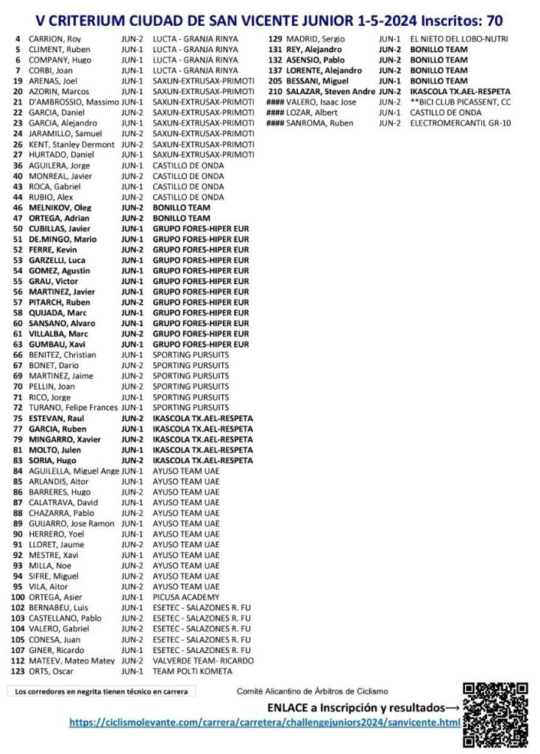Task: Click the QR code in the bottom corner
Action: coord(495,714)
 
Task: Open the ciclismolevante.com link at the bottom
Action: coord(265,723)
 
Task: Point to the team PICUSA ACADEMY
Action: coord(186,597)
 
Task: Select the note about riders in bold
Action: coord(102,691)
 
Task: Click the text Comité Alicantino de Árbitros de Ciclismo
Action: coord(312,691)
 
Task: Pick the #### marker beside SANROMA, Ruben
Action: coord(275,123)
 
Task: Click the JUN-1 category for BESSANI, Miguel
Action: coord(390,81)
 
